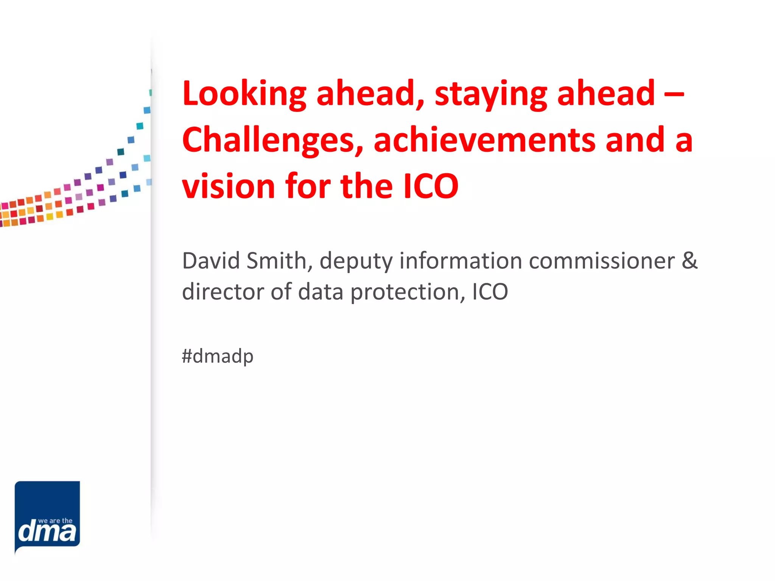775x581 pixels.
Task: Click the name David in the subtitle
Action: point(211,261)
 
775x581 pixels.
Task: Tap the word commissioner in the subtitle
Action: point(602,261)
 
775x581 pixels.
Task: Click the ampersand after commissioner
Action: point(689,261)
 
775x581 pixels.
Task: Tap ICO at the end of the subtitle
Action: point(490,292)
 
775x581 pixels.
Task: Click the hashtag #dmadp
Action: point(218,356)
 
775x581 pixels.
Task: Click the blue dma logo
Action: point(47,516)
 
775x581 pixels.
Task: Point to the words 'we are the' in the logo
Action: point(55,520)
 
